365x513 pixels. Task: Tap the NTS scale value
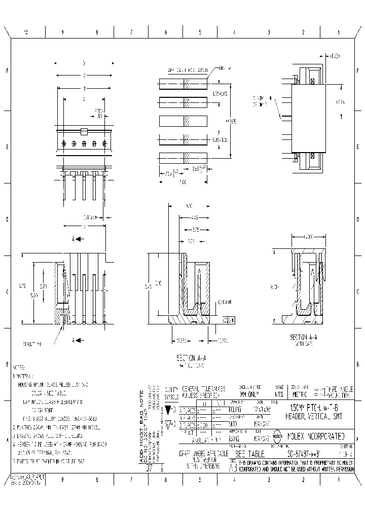click(278, 393)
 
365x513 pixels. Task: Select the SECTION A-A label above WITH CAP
click(303, 337)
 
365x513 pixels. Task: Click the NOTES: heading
click(19, 366)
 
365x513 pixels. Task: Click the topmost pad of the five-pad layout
click(183, 84)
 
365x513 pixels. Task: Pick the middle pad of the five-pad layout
click(183, 121)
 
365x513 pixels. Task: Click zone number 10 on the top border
click(25, 32)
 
